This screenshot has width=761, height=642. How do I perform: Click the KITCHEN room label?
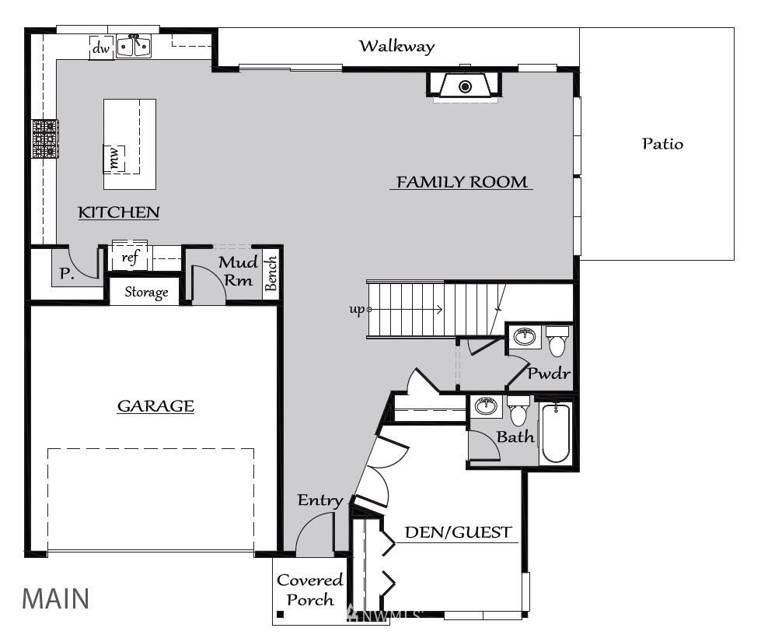(x=119, y=212)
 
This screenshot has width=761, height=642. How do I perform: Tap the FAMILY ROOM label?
(x=462, y=182)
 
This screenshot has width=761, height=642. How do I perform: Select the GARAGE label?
(x=155, y=405)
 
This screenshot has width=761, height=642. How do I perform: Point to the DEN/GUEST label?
(x=458, y=532)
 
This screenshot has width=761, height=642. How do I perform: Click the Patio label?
(x=662, y=143)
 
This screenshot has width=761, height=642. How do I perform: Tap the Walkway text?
(x=397, y=46)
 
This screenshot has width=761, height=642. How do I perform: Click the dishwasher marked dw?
(x=101, y=47)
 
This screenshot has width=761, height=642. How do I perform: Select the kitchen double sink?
(x=134, y=46)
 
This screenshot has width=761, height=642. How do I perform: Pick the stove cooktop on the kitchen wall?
(x=45, y=139)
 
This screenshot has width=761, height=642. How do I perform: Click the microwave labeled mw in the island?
(x=114, y=159)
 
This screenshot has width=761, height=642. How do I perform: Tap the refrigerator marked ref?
(x=130, y=256)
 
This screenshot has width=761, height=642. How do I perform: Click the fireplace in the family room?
(x=465, y=86)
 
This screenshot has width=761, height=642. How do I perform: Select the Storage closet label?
(x=147, y=292)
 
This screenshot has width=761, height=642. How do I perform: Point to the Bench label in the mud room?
(x=271, y=274)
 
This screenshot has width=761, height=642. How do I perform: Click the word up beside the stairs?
(x=357, y=309)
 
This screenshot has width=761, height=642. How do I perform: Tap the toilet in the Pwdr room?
(x=557, y=341)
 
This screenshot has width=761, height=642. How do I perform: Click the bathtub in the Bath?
(x=556, y=433)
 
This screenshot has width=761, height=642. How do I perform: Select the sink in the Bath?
(x=486, y=405)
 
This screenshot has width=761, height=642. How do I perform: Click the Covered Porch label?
(x=309, y=590)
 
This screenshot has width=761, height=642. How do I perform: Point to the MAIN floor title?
(x=55, y=598)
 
